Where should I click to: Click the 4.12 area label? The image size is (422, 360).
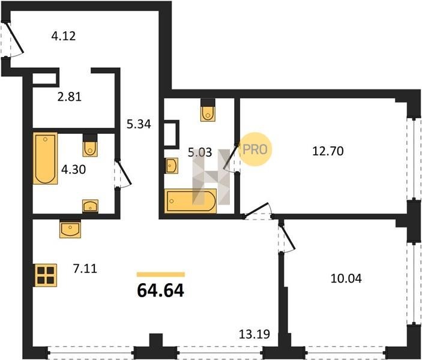coord(64,36)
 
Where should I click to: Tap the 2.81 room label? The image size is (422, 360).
coord(70,97)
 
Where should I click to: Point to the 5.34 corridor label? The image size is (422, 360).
coord(139,124)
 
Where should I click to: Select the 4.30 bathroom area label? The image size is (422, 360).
coord(73,170)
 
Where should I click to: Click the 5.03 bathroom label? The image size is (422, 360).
coord(200,152)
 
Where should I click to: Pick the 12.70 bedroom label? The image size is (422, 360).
coord(328,151)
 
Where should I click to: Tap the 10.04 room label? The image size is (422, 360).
coord(346,278)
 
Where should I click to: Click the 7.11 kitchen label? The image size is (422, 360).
coord(85,269)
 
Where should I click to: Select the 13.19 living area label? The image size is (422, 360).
coord(255,334)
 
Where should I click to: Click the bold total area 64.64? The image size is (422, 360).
coord(161,290)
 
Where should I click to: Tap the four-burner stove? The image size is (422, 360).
coord(46,275)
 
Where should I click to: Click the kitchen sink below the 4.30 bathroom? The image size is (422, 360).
coord(70,229)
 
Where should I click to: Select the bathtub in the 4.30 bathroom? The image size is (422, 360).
coord(45,158)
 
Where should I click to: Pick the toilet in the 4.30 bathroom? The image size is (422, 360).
coord(90,146)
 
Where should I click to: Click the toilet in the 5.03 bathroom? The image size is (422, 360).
coord(208,110)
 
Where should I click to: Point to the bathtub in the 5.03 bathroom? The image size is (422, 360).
coord(191,201)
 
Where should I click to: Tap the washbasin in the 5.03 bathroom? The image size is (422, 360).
coord(172,166)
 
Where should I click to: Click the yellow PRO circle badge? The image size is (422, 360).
coord(255,149)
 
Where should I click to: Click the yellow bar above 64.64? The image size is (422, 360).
coord(161,274)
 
